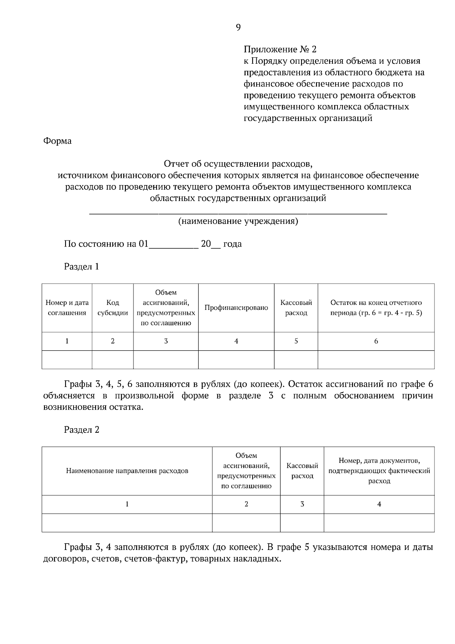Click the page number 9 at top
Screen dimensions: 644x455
pos(238,27)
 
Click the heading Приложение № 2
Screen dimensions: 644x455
pos(279,49)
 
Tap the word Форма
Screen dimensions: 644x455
pos(57,141)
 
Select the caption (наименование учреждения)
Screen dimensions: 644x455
pos(238,221)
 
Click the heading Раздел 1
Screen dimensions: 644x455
pos(82,267)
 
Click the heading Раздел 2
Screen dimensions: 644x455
pos(82,430)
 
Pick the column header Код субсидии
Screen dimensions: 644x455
pos(113,308)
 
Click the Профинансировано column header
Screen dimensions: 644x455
pos(236,308)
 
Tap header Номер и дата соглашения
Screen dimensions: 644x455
pos(67,308)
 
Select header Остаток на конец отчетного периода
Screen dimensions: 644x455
pos(376,308)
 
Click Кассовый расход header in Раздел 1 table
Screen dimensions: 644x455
pos(296,308)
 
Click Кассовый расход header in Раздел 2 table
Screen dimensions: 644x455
pos(302,471)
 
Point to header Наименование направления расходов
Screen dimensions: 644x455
pos(127,471)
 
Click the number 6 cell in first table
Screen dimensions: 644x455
pos(376,341)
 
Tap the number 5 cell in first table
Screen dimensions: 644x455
pos(296,341)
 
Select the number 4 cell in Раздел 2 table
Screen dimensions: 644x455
pos(379,504)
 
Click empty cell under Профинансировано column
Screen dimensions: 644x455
pos(236,360)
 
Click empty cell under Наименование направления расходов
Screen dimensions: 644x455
pos(127,523)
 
